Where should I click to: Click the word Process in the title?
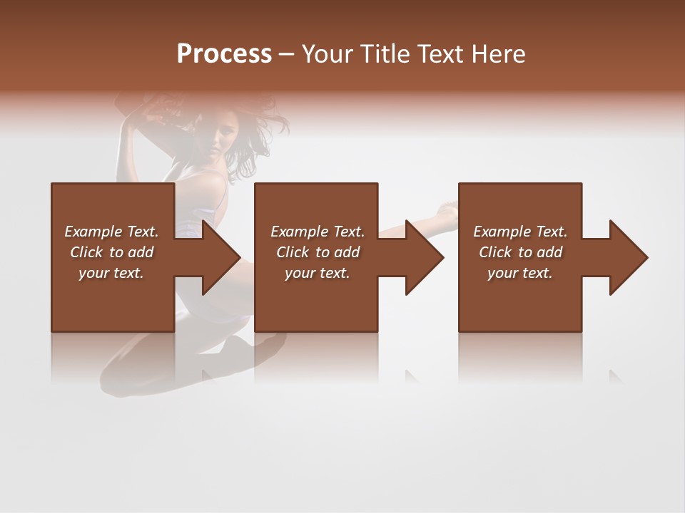click(x=224, y=54)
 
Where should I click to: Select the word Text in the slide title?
click(x=441, y=54)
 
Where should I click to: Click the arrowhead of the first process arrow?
click(x=221, y=257)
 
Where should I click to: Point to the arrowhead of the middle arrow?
click(x=425, y=257)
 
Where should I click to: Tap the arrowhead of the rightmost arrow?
click(x=629, y=257)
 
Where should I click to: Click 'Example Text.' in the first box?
click(x=111, y=232)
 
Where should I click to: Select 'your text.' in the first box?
click(x=111, y=273)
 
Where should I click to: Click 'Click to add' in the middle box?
click(x=318, y=252)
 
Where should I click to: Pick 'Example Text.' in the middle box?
click(x=318, y=232)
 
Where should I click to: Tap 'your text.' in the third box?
click(x=520, y=273)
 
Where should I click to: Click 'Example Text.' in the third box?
click(x=520, y=232)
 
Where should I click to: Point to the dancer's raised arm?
click(x=128, y=142)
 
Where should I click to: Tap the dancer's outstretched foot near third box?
click(x=448, y=207)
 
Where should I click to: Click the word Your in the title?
click(x=327, y=54)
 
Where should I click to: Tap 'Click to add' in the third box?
click(x=520, y=252)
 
